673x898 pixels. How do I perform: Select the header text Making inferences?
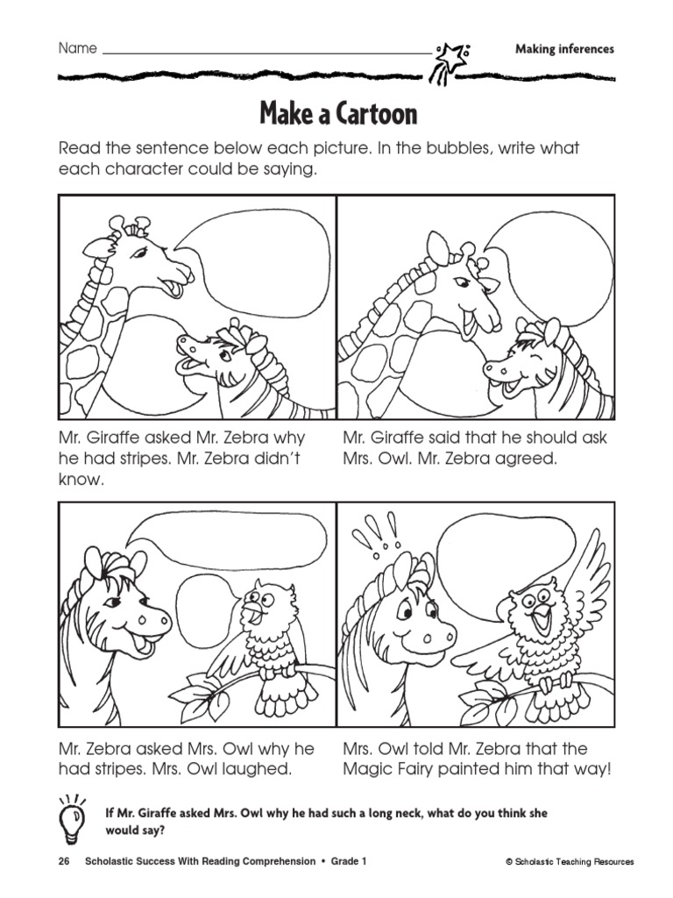pyautogui.click(x=564, y=49)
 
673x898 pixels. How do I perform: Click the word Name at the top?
pyautogui.click(x=78, y=48)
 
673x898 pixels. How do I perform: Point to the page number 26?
pyautogui.click(x=63, y=861)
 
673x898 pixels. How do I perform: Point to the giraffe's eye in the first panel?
pyautogui.click(x=139, y=252)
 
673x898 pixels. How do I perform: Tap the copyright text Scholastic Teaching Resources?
pyautogui.click(x=570, y=861)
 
